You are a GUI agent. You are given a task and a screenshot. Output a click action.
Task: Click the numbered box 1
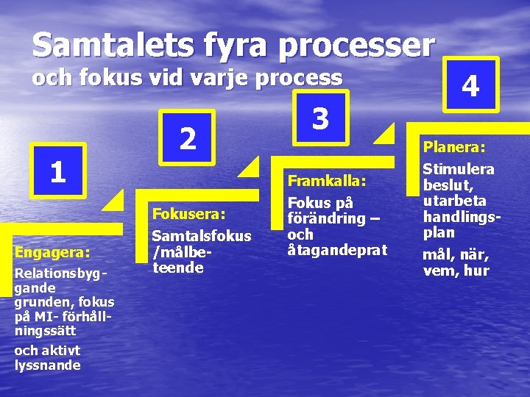coord(58,171)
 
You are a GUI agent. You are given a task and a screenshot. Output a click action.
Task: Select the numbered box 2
coord(188,137)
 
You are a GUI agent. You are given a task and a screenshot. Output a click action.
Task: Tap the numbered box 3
coord(320,117)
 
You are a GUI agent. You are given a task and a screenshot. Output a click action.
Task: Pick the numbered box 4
coord(470,86)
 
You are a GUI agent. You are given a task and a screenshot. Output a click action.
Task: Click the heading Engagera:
coord(52,252)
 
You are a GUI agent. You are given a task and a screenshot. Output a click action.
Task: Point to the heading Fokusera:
coord(188,214)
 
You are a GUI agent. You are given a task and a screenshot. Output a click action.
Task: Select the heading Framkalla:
coord(326,181)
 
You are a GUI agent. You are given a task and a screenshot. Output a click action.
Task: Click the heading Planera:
coord(453,148)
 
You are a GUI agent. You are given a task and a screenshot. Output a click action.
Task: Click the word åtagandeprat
coord(337,251)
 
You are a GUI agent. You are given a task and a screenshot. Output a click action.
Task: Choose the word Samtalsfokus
coord(201,236)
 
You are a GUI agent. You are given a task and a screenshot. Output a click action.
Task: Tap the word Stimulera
coord(458,169)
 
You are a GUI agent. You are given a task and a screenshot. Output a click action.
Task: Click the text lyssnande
coord(48,365)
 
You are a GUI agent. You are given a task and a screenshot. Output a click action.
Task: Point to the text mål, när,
coord(456,255)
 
